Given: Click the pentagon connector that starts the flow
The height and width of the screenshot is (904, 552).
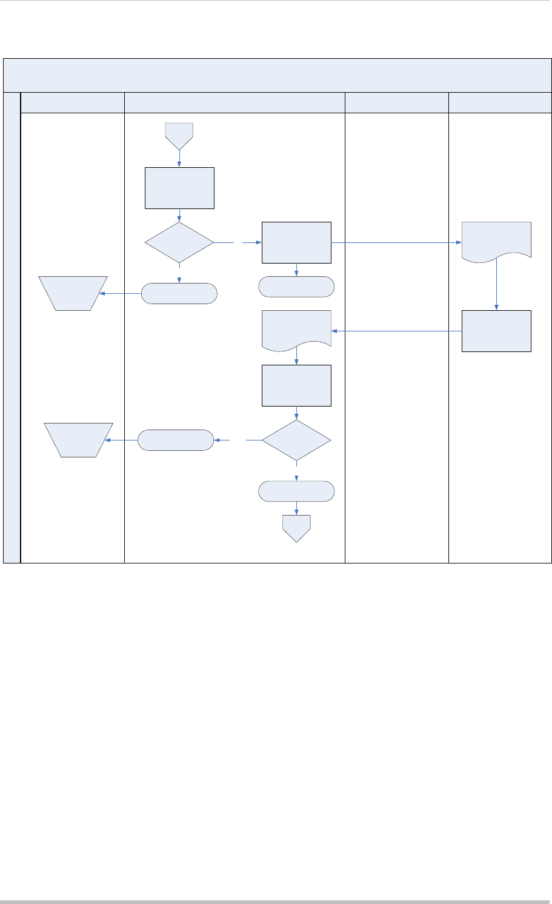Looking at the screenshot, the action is (x=179, y=135).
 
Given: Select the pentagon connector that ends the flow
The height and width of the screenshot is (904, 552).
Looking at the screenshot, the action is (x=296, y=527).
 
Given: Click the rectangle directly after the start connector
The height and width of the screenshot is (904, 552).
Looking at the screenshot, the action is (x=179, y=188).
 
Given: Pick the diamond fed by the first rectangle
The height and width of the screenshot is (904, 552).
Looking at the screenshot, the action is (x=179, y=242).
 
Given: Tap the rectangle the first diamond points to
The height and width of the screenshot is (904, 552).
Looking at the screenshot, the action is (x=296, y=242).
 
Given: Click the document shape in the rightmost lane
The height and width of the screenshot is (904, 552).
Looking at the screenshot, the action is (x=496, y=241).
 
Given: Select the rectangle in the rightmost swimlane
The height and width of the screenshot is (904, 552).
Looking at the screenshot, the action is (x=496, y=331).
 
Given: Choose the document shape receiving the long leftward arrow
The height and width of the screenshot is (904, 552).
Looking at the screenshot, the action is (x=296, y=330).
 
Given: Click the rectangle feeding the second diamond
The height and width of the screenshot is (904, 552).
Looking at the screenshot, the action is (x=296, y=385).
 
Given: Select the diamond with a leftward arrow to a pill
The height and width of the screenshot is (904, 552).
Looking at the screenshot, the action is (x=296, y=440).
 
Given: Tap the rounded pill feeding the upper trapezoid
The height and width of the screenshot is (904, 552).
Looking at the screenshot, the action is (x=179, y=293).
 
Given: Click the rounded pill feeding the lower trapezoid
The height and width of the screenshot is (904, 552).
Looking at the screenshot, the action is (x=176, y=440).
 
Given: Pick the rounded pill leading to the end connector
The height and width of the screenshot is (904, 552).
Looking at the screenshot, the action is (x=296, y=491).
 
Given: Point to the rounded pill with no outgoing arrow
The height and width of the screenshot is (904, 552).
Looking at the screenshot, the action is (x=296, y=287).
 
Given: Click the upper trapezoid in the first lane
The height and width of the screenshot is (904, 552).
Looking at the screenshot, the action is (x=73, y=293).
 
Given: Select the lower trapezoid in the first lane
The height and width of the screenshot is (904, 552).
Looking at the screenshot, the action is (x=79, y=439).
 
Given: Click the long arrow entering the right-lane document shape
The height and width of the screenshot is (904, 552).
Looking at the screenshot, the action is (x=397, y=243).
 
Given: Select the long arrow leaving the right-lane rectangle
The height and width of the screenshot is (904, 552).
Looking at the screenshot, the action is (x=397, y=331).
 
